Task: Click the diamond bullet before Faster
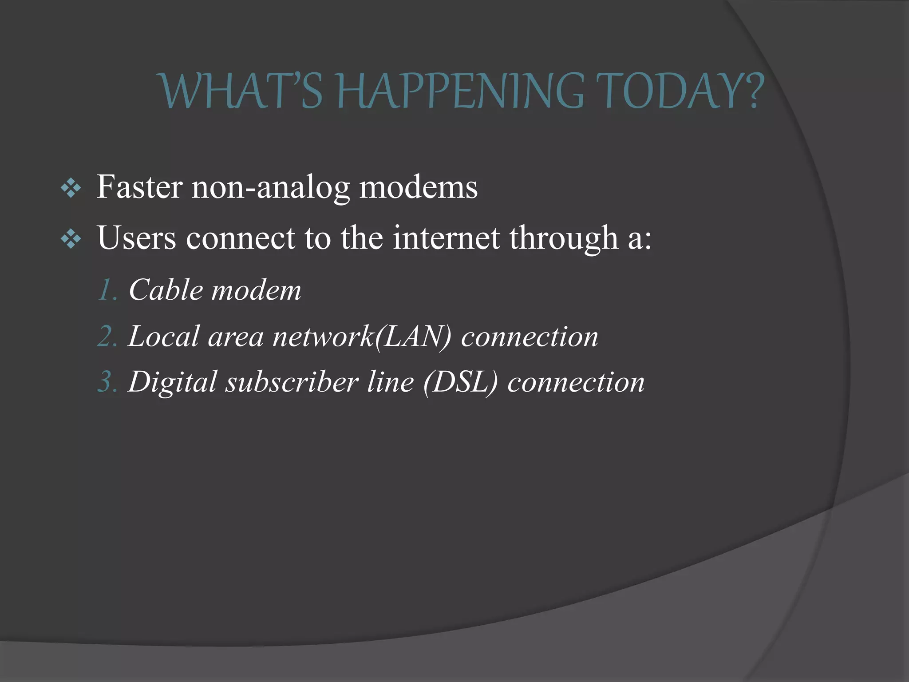point(71,189)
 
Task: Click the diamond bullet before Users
point(71,240)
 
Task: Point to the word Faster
point(139,187)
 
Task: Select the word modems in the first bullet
point(418,187)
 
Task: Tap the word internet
point(446,238)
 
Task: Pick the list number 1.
point(107,290)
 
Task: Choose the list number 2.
point(107,337)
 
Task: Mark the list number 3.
point(107,382)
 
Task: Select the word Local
point(163,337)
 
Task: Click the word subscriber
point(292,382)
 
